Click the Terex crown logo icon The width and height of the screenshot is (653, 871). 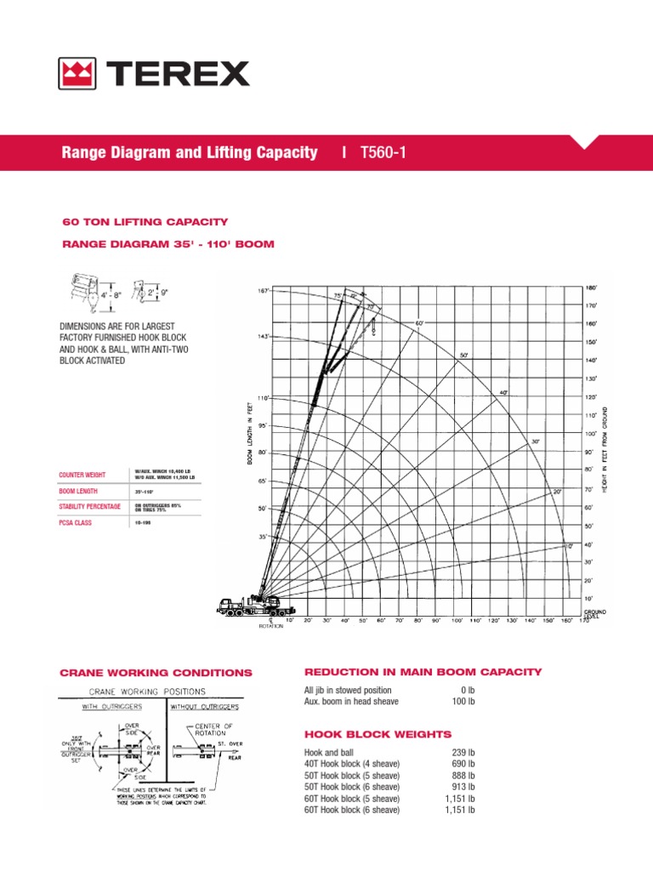point(77,73)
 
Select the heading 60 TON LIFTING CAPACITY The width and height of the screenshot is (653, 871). point(145,222)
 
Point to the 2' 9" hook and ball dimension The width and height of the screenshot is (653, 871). point(157,292)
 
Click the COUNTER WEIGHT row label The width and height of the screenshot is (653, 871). point(81,475)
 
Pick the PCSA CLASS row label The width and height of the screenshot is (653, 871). point(75,523)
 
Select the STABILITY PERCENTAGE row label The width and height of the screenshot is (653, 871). point(89,506)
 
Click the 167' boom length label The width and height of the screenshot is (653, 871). point(262,291)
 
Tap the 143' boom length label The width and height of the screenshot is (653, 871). point(262,337)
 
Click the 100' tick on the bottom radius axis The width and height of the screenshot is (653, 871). point(457,621)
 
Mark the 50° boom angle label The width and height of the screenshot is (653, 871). point(463,354)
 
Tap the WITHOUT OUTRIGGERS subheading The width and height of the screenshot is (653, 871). point(204,706)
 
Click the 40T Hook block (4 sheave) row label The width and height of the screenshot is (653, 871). point(352,764)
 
